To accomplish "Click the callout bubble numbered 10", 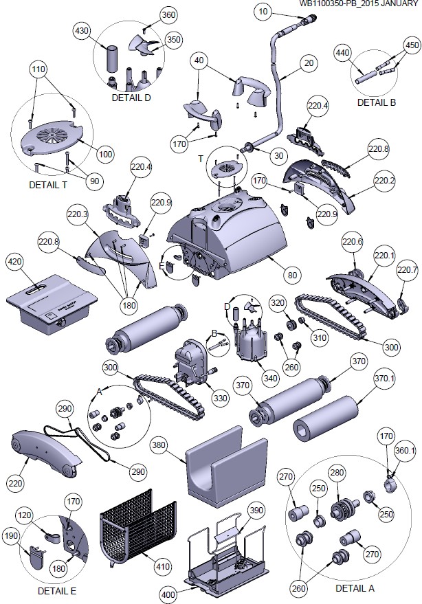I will pyautogui.click(x=264, y=11).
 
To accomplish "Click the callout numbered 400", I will pyautogui.click(x=169, y=594).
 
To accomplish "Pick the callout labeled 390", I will pyautogui.click(x=256, y=511).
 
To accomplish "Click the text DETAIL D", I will pyautogui.click(x=131, y=98).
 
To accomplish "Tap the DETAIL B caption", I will pyautogui.click(x=377, y=102).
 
